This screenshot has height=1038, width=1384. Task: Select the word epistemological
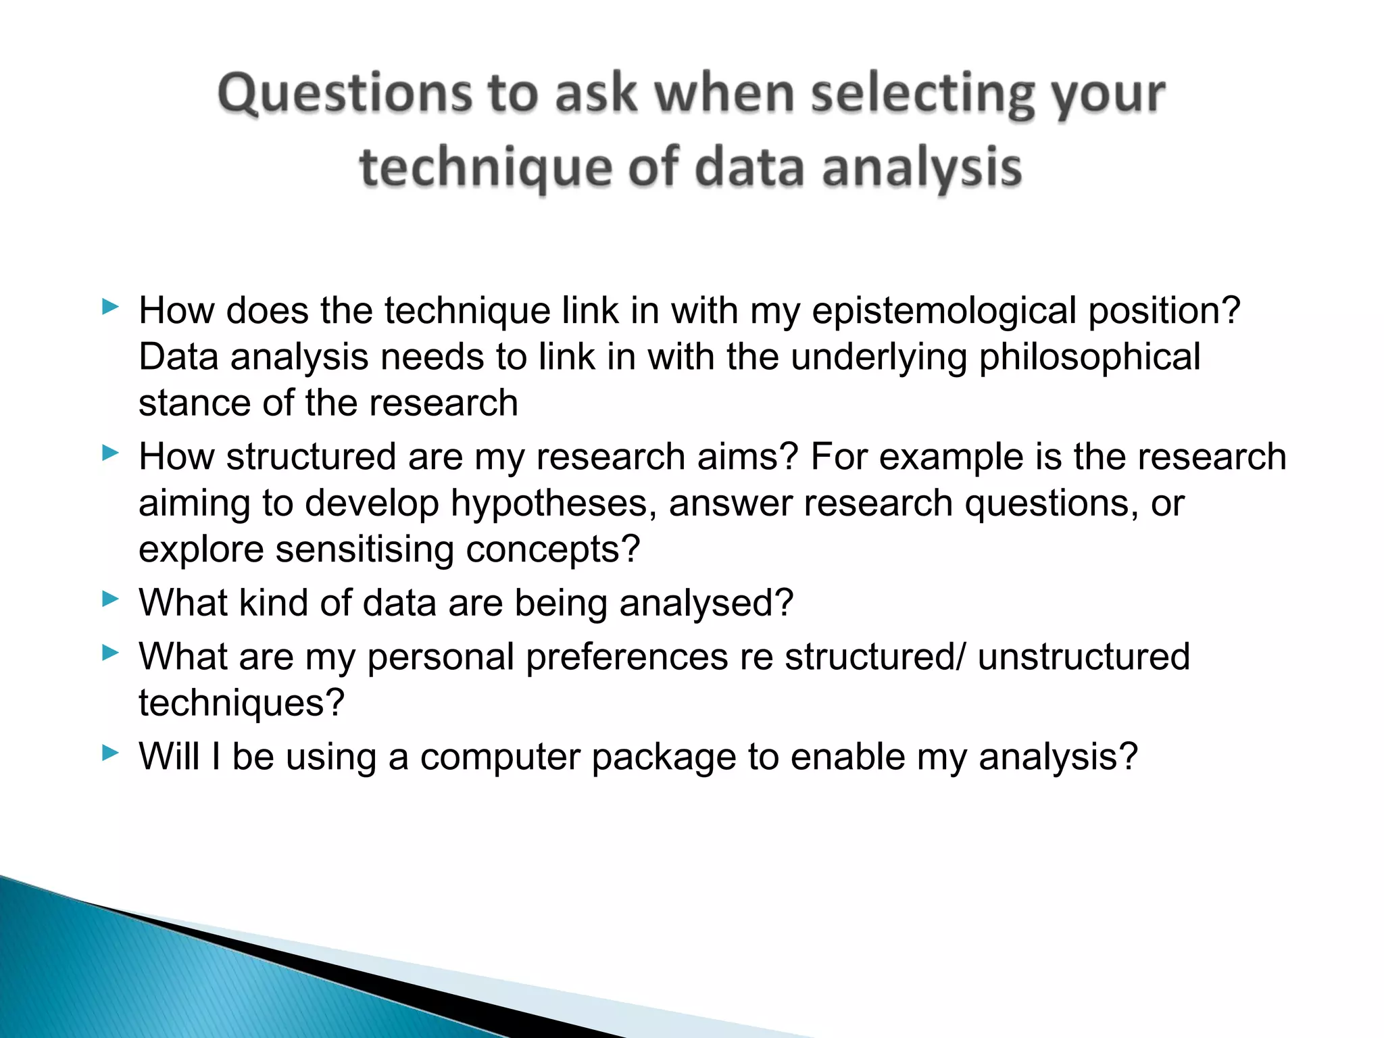tap(943, 312)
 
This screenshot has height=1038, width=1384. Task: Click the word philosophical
tap(1089, 358)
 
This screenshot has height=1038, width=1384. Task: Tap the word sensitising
tap(364, 549)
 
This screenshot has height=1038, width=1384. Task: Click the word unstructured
tap(1083, 657)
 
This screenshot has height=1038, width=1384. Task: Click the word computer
tap(499, 757)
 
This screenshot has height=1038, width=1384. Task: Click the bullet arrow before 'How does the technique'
tap(110, 307)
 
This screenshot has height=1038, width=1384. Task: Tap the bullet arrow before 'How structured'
tap(110, 453)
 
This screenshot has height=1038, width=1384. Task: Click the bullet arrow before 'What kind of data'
tap(110, 599)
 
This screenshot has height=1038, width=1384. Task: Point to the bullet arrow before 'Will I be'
tap(110, 752)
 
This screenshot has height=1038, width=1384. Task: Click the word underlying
tap(879, 358)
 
